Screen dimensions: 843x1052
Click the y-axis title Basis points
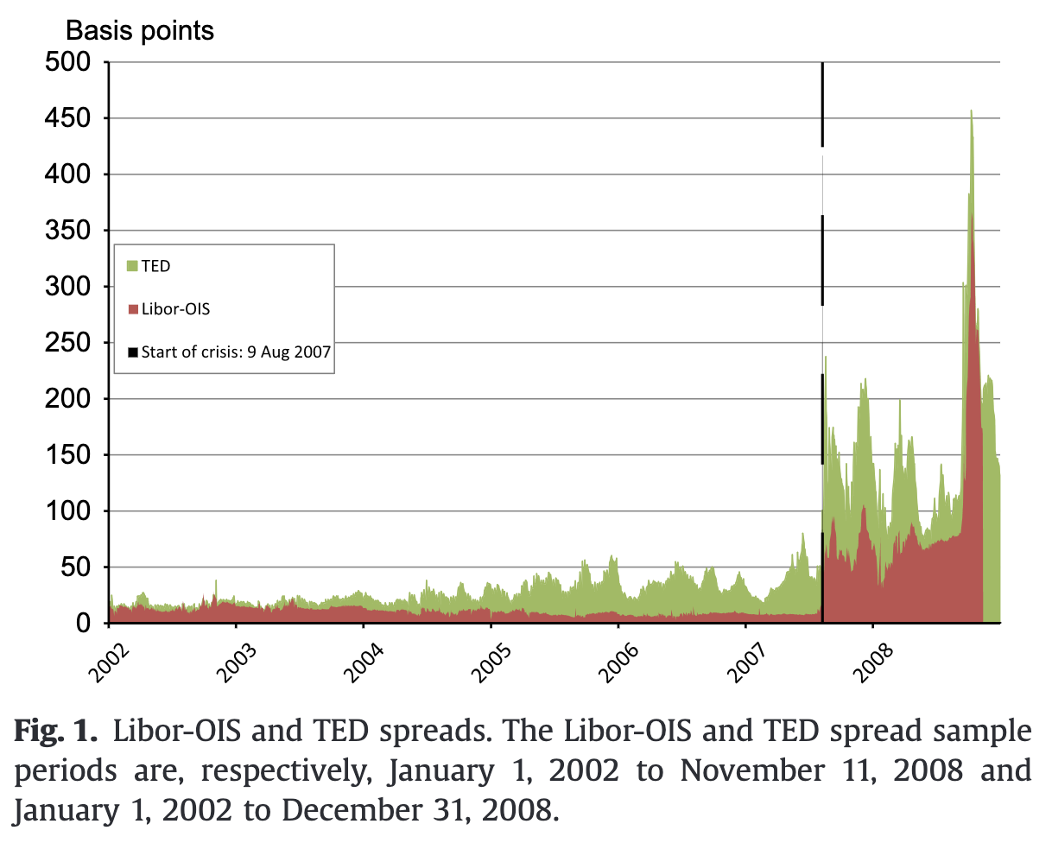(x=140, y=31)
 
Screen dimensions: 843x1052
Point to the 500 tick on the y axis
(x=67, y=62)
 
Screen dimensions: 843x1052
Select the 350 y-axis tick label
(x=67, y=231)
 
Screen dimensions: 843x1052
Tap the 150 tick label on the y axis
(x=67, y=455)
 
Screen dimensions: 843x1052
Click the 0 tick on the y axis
(x=83, y=624)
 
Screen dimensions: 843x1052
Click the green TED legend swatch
(x=132, y=266)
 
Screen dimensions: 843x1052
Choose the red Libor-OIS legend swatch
(x=132, y=309)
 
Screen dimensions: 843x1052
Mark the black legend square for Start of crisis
(x=132, y=352)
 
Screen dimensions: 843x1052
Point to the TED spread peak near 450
(x=971, y=112)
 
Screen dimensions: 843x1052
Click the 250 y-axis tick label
(x=67, y=343)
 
